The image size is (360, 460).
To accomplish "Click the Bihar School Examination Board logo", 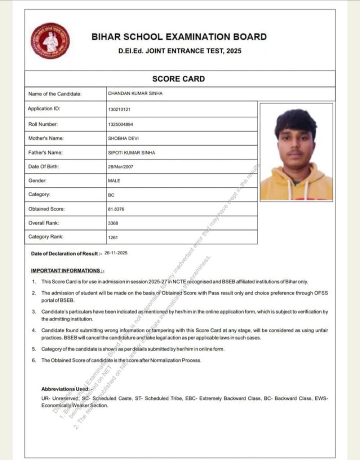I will (50, 41).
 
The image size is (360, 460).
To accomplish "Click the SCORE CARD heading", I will (178, 79).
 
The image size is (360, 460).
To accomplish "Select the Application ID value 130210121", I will (120, 110).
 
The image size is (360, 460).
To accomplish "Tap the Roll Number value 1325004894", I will (120, 124).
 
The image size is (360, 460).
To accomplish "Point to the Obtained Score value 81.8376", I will (116, 209).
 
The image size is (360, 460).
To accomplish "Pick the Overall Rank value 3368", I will (113, 223).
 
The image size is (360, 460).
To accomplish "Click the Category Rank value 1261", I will (113, 237).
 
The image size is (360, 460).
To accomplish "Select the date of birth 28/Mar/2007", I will (120, 167).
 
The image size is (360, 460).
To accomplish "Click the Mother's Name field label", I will (46, 138).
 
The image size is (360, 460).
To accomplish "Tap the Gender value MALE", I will (114, 181).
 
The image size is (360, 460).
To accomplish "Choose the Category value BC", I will (111, 195).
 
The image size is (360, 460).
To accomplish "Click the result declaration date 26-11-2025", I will (116, 253).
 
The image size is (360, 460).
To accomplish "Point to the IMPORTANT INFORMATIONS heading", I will (67, 271).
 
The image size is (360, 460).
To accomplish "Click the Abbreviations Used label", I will (66, 389).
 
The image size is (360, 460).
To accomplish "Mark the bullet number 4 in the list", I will (34, 330).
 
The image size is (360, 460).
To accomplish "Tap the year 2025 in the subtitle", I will (234, 51).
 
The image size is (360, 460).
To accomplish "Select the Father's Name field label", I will (45, 153).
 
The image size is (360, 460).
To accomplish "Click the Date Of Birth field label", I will (43, 167).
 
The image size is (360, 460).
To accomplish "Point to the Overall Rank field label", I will (43, 223).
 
